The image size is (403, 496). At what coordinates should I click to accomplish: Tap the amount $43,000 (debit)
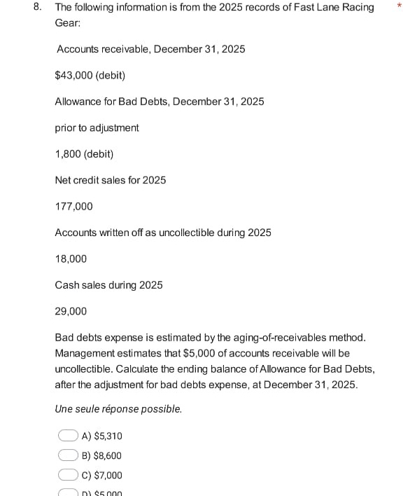coord(90,75)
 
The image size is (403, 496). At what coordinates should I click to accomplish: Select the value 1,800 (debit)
coord(84,154)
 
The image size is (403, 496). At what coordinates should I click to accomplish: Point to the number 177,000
coord(73,207)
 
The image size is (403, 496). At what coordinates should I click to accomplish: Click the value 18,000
coord(71,259)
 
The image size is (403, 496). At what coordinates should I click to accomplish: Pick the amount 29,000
coord(71,311)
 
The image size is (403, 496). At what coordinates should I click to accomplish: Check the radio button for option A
coord(68,436)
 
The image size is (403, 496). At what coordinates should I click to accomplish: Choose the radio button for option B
coord(68,455)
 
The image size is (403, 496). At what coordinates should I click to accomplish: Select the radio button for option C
coord(68,475)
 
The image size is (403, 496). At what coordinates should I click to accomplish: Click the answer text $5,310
coord(108,436)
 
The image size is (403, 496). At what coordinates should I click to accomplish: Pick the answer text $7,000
coord(108,475)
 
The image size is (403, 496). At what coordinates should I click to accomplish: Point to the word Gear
coord(67,23)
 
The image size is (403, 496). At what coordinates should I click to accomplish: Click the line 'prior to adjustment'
coord(97,128)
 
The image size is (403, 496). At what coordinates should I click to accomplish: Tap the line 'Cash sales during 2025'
coord(108,285)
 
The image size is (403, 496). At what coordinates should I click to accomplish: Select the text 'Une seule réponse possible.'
coord(118,409)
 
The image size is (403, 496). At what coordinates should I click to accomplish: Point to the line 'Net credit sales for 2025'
coord(111,181)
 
